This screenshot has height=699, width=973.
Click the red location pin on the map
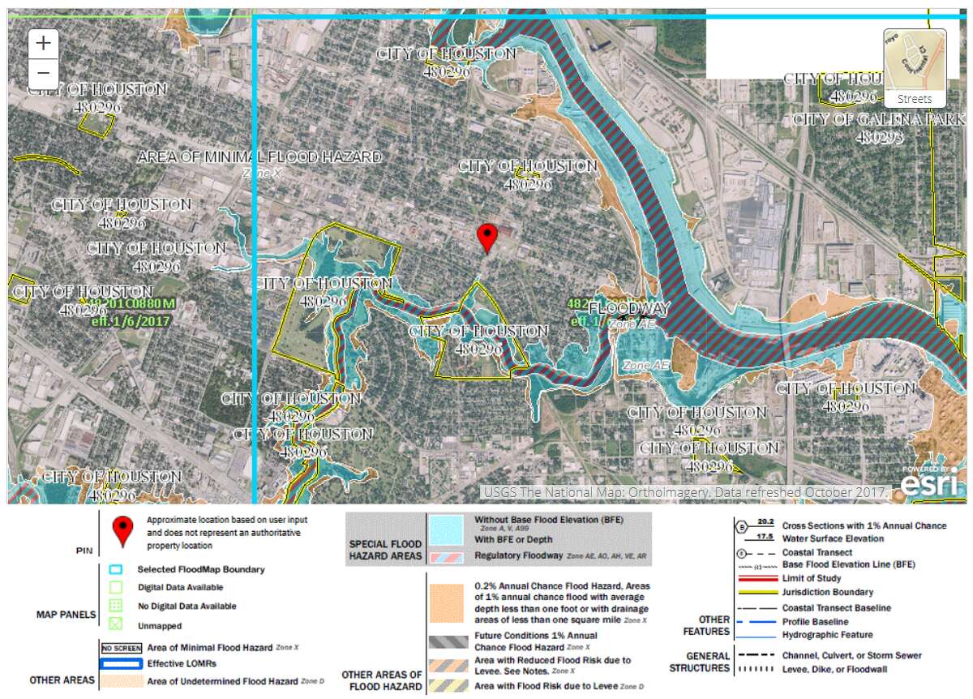(486, 238)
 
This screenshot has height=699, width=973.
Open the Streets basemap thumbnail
(915, 68)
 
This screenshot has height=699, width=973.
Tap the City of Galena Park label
(879, 119)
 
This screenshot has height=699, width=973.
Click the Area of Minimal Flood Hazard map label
(259, 157)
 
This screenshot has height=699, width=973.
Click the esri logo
(932, 484)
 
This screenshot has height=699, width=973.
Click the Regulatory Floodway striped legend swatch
(448, 556)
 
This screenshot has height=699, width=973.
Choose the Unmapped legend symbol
(115, 625)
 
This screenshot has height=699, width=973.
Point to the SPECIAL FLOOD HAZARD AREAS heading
(385, 550)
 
